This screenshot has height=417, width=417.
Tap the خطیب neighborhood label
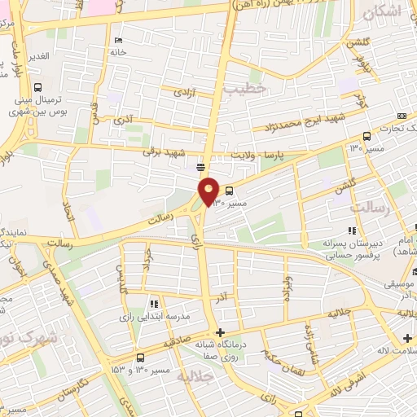click(x=248, y=91)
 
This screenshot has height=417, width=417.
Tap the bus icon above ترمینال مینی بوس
click(x=38, y=88)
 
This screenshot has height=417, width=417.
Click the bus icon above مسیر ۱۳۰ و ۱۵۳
click(x=141, y=358)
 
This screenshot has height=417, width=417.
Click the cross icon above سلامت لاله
click(x=407, y=338)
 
